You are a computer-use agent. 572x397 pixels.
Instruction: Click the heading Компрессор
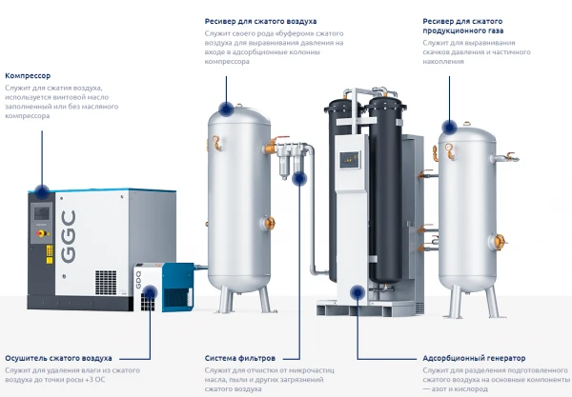coord(29,75)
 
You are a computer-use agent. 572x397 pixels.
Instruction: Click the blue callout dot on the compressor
coord(41,189)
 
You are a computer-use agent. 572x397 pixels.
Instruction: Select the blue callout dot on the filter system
coord(299,178)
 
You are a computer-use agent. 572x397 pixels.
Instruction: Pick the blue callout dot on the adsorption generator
coord(357,292)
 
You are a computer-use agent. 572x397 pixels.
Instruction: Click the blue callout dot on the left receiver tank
coord(226,108)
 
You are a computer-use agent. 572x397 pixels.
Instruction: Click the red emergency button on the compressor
coord(40,230)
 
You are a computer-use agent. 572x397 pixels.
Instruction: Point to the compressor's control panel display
coord(42,208)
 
